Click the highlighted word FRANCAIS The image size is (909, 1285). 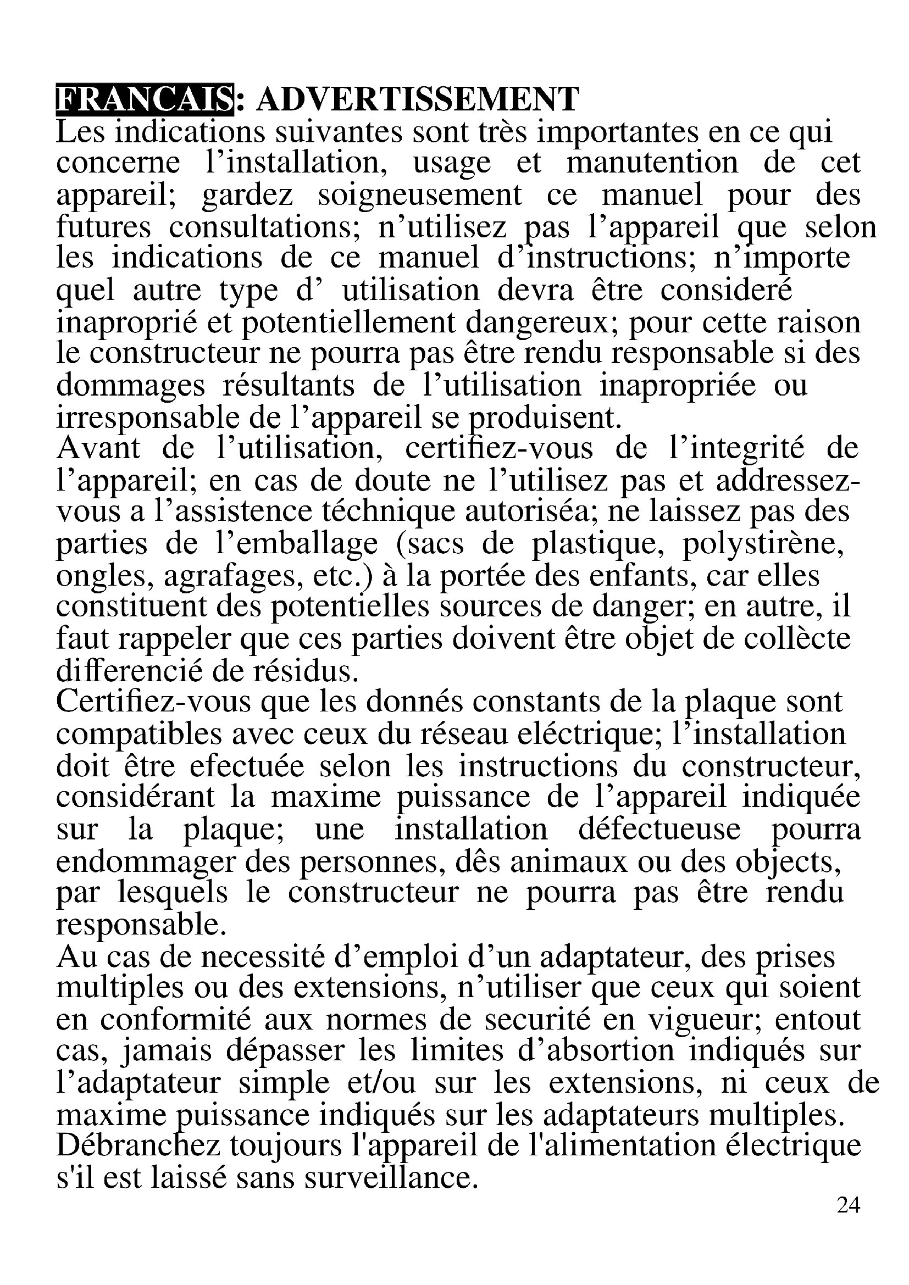145,99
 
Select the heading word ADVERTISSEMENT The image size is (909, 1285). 418,99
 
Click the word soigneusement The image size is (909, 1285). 419,196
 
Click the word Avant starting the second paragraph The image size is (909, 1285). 98,448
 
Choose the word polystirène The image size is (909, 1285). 763,543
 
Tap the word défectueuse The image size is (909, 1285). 659,830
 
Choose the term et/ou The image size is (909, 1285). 382,1083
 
